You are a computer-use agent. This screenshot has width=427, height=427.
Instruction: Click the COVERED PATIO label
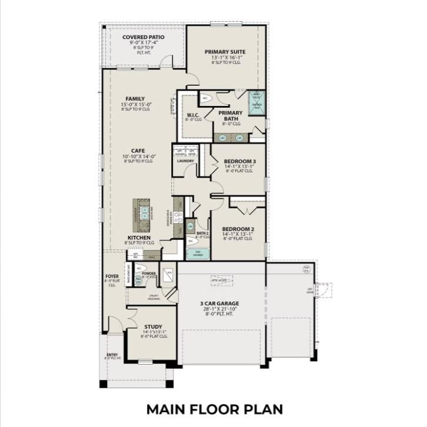pyautogui.click(x=143, y=37)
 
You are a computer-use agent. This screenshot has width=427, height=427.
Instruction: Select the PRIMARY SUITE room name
pyautogui.click(x=225, y=52)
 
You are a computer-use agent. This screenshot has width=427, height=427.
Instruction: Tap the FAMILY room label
pyautogui.click(x=135, y=99)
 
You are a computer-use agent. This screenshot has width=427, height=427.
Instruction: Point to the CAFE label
pyautogui.click(x=138, y=150)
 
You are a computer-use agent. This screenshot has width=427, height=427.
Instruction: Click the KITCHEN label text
pyautogui.click(x=138, y=238)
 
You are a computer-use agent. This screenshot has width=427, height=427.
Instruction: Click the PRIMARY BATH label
pyautogui.click(x=231, y=115)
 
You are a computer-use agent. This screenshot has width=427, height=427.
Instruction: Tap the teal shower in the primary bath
pyautogui.click(x=257, y=102)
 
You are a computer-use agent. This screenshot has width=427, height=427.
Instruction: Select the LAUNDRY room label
pyautogui.click(x=185, y=161)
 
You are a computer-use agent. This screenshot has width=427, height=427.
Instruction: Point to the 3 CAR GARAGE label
pyautogui.click(x=219, y=303)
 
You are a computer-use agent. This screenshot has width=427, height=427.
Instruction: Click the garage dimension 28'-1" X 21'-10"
pyautogui.click(x=219, y=309)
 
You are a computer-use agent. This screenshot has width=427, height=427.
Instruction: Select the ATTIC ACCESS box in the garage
pyautogui.click(x=221, y=280)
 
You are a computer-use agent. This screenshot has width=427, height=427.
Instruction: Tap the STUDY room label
pyautogui.click(x=153, y=326)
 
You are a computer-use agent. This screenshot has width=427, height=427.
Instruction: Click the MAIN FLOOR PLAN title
pyautogui.click(x=215, y=408)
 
